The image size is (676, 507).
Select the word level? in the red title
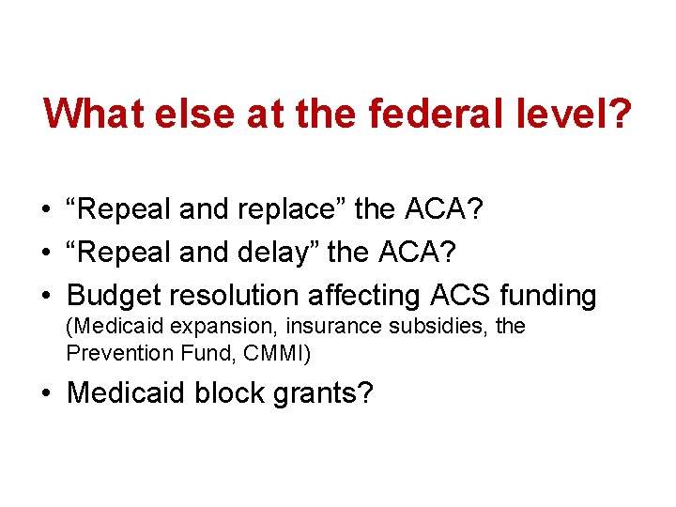pyautogui.click(x=579, y=115)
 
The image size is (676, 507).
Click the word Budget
pyautogui.click(x=114, y=296)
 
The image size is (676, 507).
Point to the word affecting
pyautogui.click(x=365, y=296)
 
